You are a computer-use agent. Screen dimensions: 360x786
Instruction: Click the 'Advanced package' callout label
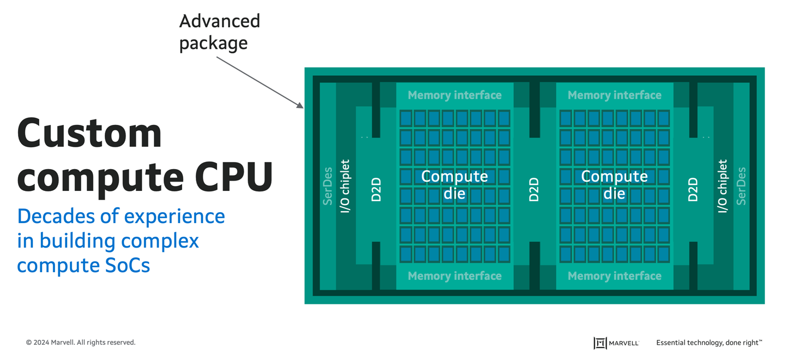(219, 32)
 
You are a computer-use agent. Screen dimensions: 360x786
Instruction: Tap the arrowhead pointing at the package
(301, 106)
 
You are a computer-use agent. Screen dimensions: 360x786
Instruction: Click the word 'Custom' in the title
(89, 133)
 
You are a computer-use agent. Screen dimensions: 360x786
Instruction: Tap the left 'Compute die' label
(454, 185)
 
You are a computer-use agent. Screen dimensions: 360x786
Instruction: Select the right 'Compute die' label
(614, 185)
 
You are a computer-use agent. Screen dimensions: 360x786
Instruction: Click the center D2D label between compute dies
(534, 189)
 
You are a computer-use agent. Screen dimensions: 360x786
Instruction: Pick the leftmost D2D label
(376, 189)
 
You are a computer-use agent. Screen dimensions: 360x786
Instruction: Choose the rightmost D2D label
(693, 189)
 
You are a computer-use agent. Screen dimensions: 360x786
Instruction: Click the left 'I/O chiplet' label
(345, 186)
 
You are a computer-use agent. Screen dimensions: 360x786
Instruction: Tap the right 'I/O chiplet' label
(723, 186)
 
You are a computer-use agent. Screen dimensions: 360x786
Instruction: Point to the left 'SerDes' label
(328, 186)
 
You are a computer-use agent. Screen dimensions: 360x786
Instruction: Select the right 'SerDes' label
(741, 186)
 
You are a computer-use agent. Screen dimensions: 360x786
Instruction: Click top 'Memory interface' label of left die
(454, 95)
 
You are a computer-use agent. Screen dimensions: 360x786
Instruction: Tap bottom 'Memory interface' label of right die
(614, 276)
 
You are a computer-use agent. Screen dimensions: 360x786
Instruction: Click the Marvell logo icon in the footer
(600, 343)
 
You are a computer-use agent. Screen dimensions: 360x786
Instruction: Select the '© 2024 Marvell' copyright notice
(81, 343)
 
